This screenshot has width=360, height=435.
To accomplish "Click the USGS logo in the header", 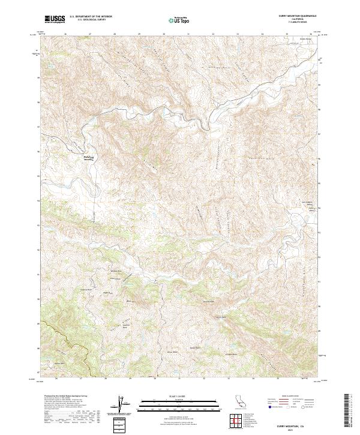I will (55, 19).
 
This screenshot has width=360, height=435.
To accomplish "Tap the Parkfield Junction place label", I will (88, 158).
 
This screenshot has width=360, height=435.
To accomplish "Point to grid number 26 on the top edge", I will (64, 34).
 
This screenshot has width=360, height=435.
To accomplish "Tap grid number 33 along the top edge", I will (238, 34).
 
